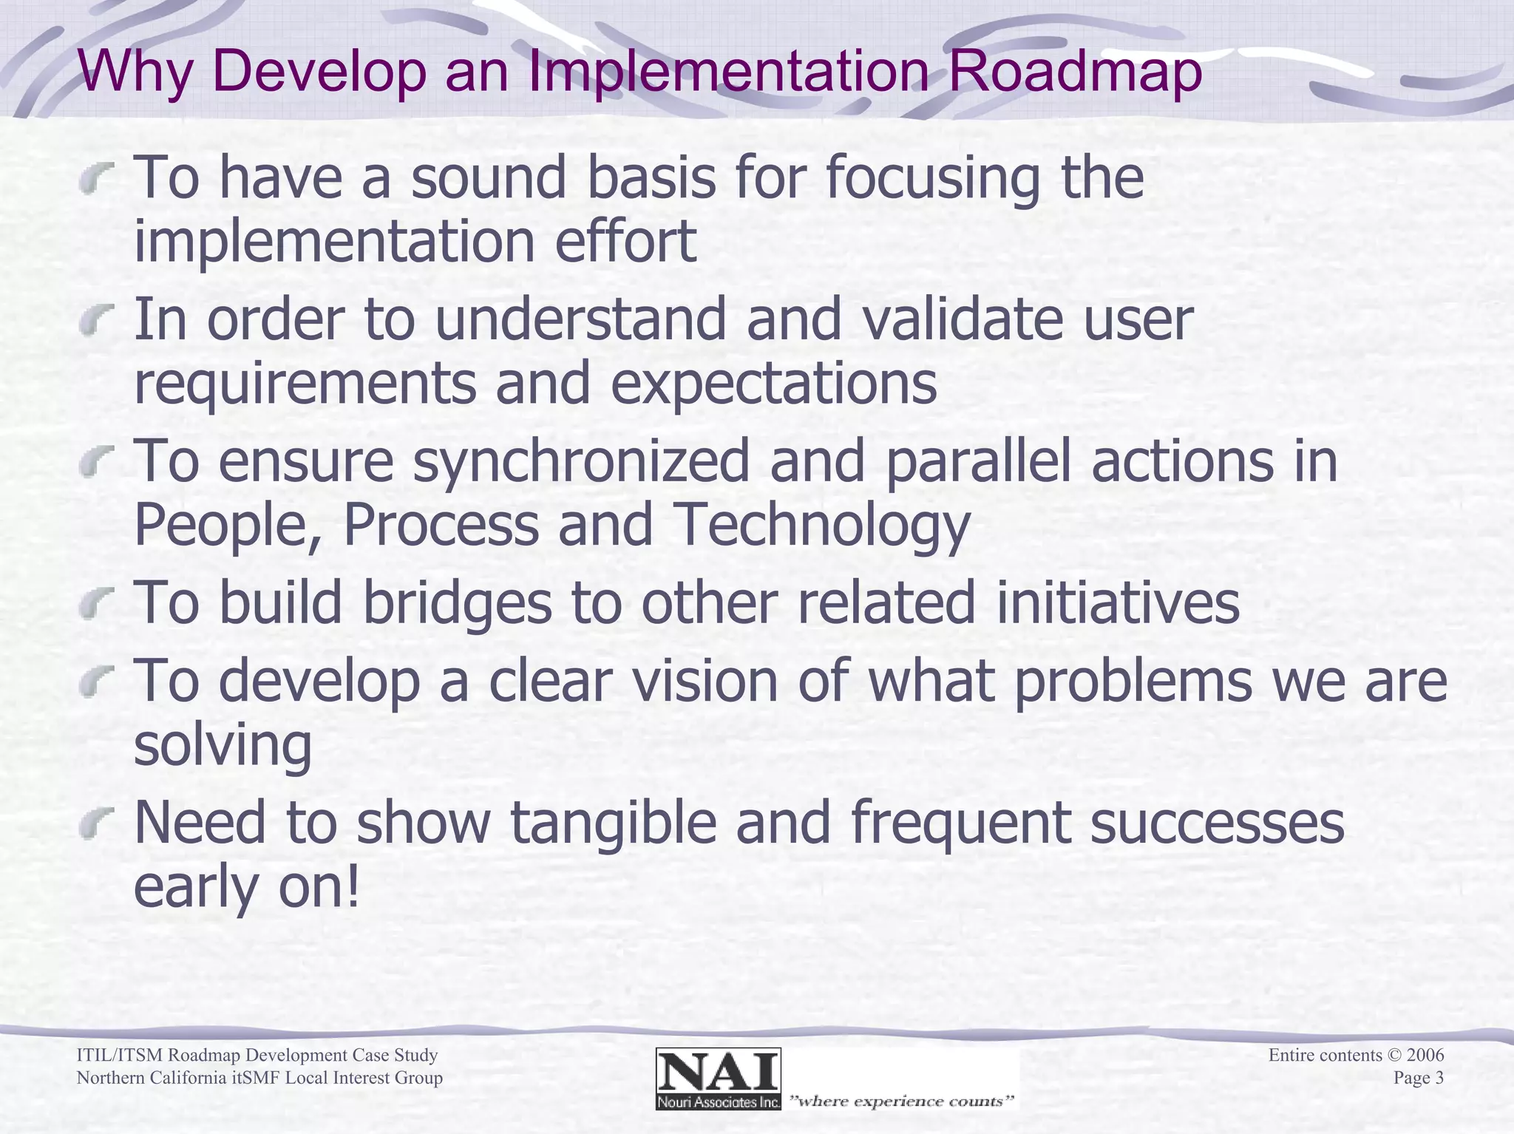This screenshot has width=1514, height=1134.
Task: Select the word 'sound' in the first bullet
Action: [488, 178]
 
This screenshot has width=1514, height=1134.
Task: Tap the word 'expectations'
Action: [773, 384]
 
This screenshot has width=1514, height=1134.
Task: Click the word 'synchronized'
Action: [581, 462]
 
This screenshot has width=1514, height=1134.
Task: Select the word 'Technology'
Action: [822, 526]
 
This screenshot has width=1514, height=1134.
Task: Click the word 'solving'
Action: [223, 745]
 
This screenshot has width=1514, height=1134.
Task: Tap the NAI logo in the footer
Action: [718, 1079]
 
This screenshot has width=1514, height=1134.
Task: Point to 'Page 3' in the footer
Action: [1418, 1078]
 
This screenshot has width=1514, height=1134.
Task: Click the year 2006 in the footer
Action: [1425, 1055]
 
